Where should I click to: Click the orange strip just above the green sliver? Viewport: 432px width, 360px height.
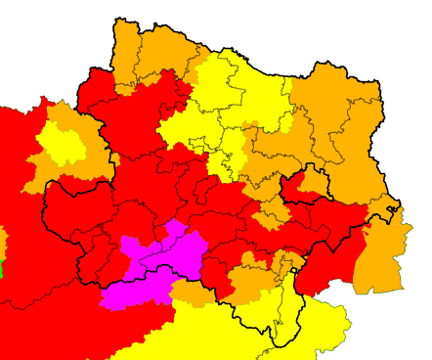(3, 241)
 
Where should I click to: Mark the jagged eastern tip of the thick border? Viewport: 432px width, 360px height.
(399, 210)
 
